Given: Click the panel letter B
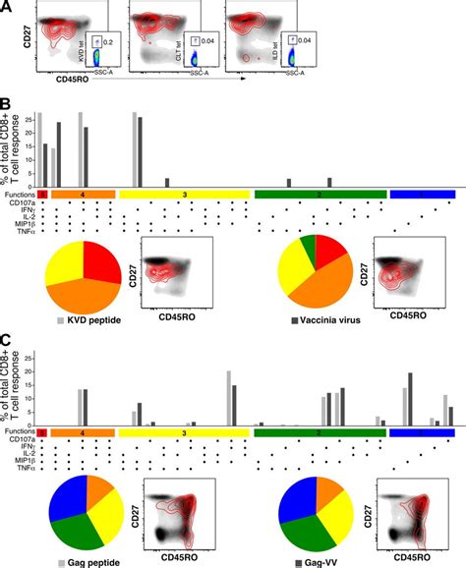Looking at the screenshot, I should pos(7,101).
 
